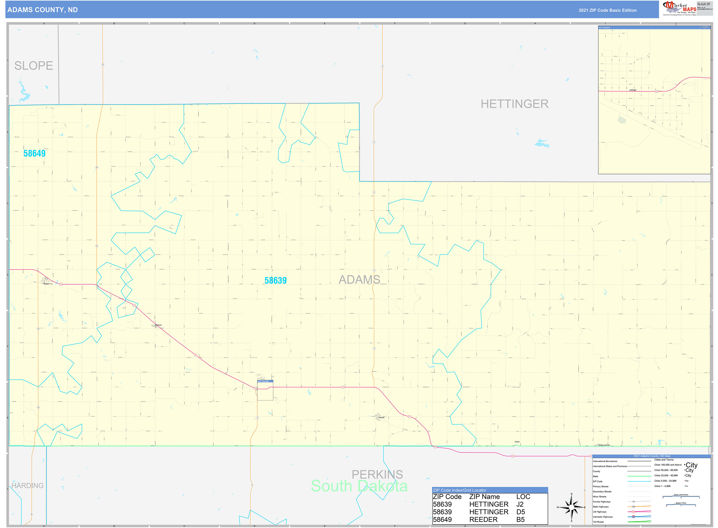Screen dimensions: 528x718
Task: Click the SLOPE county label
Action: pyautogui.click(x=34, y=66)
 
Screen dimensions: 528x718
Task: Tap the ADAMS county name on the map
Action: pyautogui.click(x=359, y=280)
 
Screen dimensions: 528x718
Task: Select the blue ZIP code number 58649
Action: pyautogui.click(x=35, y=153)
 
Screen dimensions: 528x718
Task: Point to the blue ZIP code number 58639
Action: pyautogui.click(x=275, y=281)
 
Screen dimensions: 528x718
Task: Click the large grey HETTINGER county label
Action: pyautogui.click(x=515, y=104)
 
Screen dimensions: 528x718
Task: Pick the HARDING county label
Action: pyautogui.click(x=27, y=486)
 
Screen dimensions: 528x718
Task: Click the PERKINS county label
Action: pyautogui.click(x=377, y=475)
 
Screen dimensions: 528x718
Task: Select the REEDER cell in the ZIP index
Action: pyautogui.click(x=483, y=520)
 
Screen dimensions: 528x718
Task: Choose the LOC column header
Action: pyautogui.click(x=523, y=497)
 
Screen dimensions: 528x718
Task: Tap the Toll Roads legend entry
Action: pyautogui.click(x=598, y=522)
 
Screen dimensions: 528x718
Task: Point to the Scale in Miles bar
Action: pyautogui.click(x=681, y=505)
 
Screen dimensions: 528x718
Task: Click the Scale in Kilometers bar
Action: pyautogui.click(x=681, y=497)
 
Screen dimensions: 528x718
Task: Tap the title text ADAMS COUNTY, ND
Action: pyautogui.click(x=42, y=10)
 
